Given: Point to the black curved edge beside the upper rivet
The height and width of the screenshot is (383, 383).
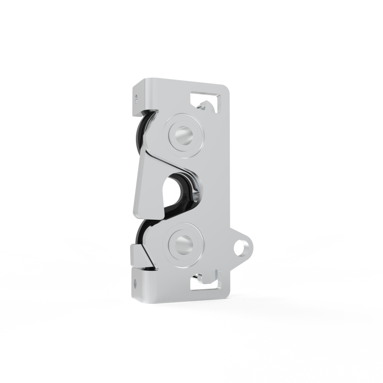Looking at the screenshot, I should (x=141, y=130).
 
